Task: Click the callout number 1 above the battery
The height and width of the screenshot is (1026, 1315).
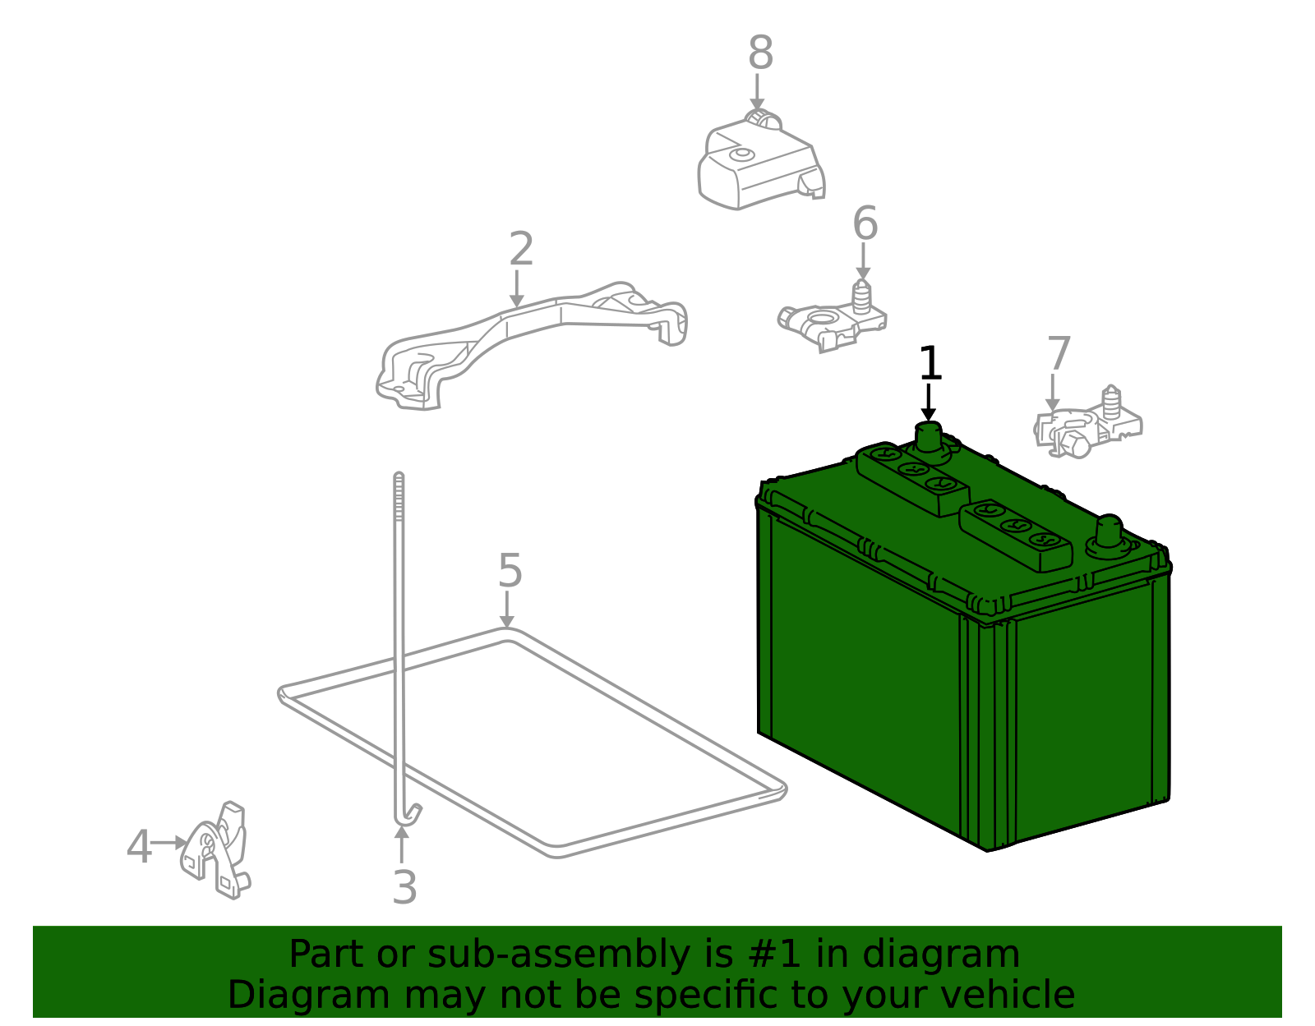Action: (x=929, y=363)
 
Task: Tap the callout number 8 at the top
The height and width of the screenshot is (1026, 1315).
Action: (x=760, y=53)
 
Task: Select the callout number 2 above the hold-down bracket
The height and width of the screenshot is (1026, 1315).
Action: (x=521, y=249)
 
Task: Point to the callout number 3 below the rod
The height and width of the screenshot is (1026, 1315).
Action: (x=404, y=887)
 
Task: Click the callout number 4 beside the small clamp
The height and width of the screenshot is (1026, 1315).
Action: (x=139, y=847)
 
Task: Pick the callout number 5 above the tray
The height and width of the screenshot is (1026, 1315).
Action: (x=510, y=570)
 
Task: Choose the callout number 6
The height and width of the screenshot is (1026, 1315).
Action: (x=865, y=223)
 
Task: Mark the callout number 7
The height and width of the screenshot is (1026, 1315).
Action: (x=1059, y=354)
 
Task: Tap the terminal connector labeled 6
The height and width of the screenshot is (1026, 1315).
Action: (x=830, y=320)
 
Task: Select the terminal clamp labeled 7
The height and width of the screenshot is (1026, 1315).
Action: (x=1085, y=427)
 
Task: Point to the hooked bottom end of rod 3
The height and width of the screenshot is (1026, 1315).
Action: (x=408, y=814)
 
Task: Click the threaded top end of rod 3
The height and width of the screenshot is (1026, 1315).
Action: (x=399, y=493)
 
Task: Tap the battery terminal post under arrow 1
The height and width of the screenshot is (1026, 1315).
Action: (x=929, y=437)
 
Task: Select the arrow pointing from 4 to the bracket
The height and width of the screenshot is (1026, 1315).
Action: (x=170, y=843)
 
